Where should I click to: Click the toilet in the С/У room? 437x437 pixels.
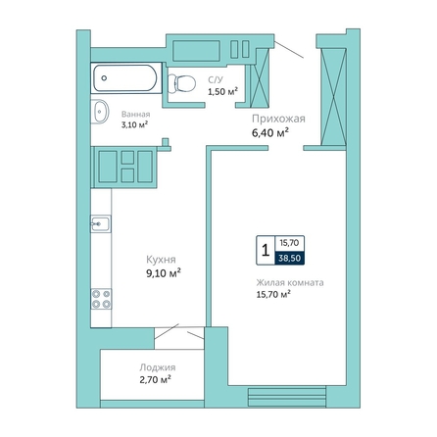tap(181, 83)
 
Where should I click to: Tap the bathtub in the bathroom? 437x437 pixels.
tap(126, 78)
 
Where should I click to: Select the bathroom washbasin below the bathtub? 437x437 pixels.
tap(100, 112)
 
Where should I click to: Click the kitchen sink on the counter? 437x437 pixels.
tap(101, 224)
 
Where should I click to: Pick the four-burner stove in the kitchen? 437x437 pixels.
tap(101, 299)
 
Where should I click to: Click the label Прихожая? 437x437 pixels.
tap(278, 119)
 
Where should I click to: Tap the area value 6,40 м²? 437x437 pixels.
tap(270, 133)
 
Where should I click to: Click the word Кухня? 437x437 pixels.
tap(161, 260)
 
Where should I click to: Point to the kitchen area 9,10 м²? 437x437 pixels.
tap(164, 273)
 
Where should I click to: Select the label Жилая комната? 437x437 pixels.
tap(290, 282)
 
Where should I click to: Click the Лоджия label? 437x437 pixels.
tap(158, 367)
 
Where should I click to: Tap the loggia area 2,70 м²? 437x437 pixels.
tap(156, 380)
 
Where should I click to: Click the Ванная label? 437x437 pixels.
tap(136, 115)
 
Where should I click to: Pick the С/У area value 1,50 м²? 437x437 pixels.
tap(223, 92)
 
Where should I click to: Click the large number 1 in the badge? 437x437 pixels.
tap(266, 251)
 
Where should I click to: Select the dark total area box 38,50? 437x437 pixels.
tap(290, 258)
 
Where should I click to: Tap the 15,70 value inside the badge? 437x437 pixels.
tap(289, 243)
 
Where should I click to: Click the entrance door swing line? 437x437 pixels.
tap(289, 49)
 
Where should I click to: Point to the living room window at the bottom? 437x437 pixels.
tap(287, 397)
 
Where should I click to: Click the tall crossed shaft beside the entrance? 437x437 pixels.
tap(333, 97)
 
